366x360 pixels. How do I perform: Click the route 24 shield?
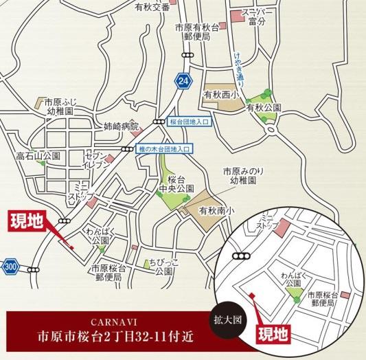click(181, 80)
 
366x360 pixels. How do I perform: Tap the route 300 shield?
click(10, 265)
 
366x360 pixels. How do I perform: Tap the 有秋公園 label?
click(264, 108)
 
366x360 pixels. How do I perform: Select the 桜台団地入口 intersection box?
click(192, 121)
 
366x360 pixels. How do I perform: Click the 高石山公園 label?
click(38, 157)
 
